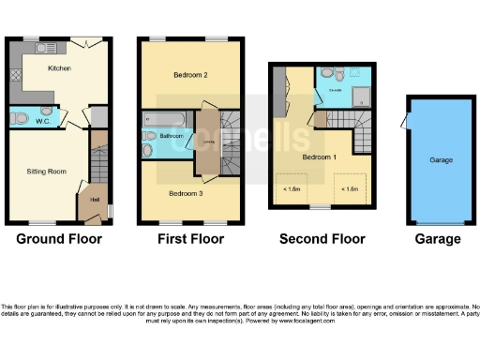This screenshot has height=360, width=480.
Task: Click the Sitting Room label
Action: [43, 172]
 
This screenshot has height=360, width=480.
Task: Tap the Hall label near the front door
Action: [94, 198]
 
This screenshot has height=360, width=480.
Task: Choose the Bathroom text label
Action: [171, 137]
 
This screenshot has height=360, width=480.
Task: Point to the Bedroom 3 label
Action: [187, 194]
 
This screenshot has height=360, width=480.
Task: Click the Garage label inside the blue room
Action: [441, 160]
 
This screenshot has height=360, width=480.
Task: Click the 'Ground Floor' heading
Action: [59, 239]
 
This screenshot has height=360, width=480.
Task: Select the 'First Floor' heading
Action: [192, 239]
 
